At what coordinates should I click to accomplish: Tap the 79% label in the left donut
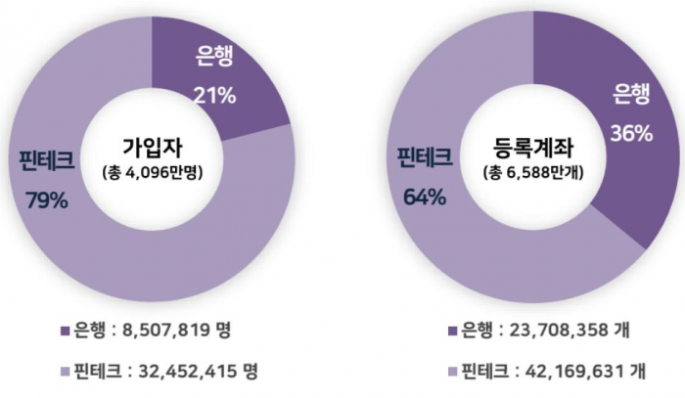click(x=47, y=200)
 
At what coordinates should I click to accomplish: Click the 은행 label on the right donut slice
click(x=632, y=94)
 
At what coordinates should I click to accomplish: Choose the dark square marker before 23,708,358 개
click(x=452, y=330)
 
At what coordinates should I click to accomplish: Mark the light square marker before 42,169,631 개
click(x=452, y=373)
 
